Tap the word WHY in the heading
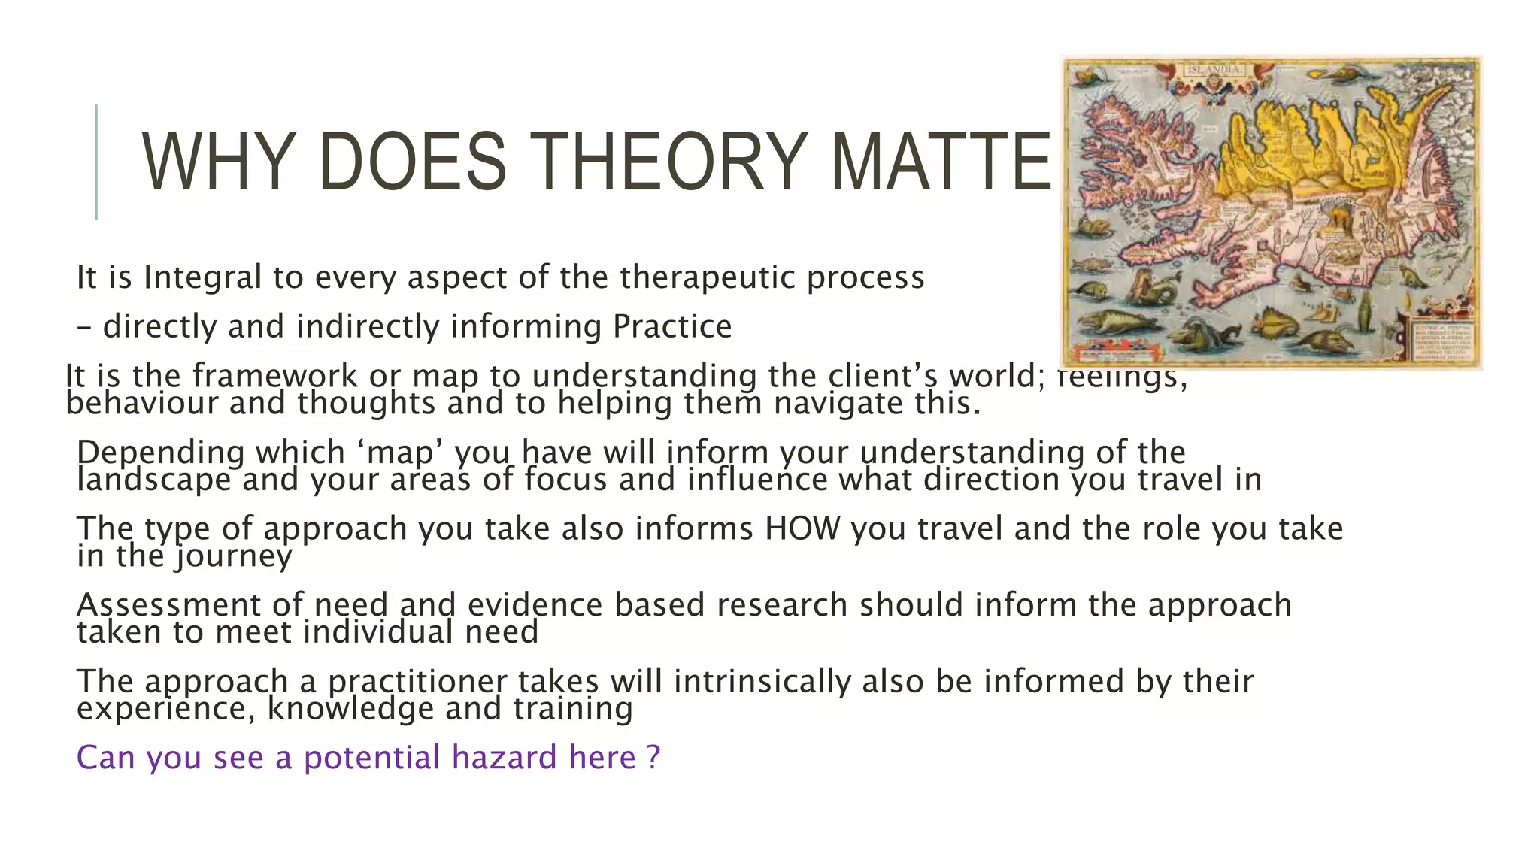217,162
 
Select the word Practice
671,327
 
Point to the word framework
274,375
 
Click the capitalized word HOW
802,528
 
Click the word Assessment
189,605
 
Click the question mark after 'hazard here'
653,757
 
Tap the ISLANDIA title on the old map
1215,70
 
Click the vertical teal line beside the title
96,162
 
